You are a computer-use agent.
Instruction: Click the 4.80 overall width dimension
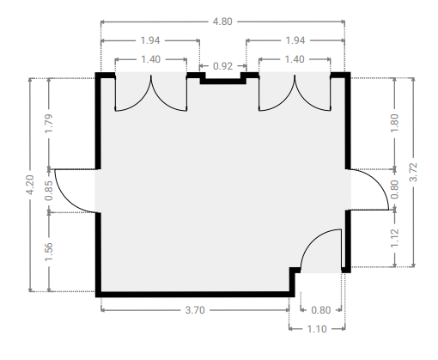[222, 21]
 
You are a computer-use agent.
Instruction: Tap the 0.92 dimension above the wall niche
[222, 66]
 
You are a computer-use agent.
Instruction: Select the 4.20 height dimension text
[30, 185]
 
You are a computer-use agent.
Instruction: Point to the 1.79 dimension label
[49, 123]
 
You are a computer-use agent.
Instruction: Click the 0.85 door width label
[49, 191]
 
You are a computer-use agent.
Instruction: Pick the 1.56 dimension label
[49, 252]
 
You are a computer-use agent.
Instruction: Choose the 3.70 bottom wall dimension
[195, 310]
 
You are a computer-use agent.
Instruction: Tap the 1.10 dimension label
[317, 329]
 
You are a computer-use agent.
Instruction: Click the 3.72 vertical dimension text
[413, 172]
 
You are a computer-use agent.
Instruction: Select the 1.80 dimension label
[394, 123]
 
